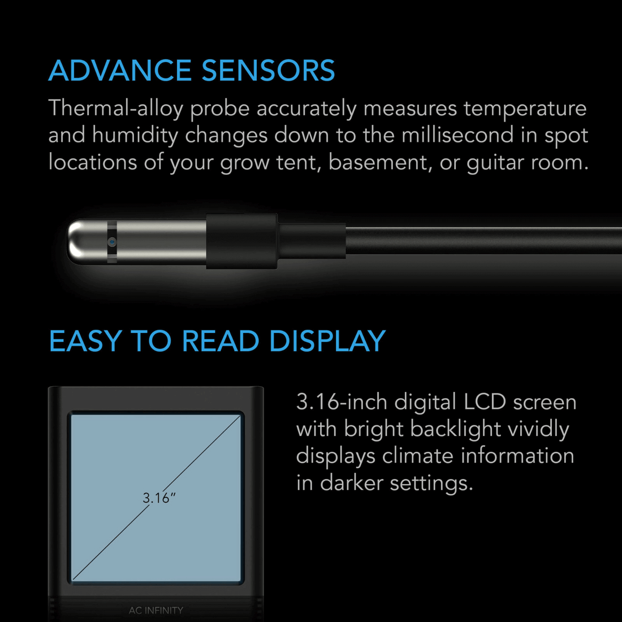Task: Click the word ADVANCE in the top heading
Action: [120, 71]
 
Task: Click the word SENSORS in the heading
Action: [268, 71]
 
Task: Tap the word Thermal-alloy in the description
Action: [116, 108]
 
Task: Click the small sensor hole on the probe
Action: [112, 242]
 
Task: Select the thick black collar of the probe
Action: [241, 241]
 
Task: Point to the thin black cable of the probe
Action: [481, 240]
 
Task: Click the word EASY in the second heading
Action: [85, 342]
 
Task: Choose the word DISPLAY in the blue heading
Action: [327, 342]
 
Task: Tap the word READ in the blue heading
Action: [221, 342]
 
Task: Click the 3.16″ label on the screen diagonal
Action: [159, 498]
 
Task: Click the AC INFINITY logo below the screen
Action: [156, 610]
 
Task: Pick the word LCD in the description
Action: [485, 402]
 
